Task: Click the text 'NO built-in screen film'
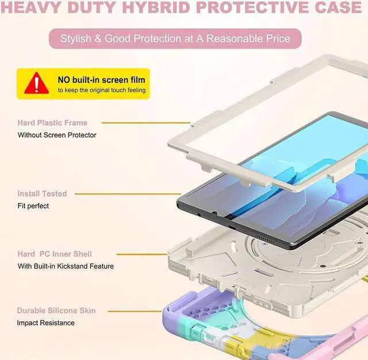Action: click(101, 79)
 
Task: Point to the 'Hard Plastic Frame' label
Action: click(52, 122)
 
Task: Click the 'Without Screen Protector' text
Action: click(57, 135)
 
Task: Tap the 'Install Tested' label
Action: click(42, 194)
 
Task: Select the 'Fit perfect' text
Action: click(33, 206)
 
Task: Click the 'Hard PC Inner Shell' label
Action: click(55, 254)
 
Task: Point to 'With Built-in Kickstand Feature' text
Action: click(66, 266)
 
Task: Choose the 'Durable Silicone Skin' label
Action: click(56, 311)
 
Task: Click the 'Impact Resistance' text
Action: click(46, 323)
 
